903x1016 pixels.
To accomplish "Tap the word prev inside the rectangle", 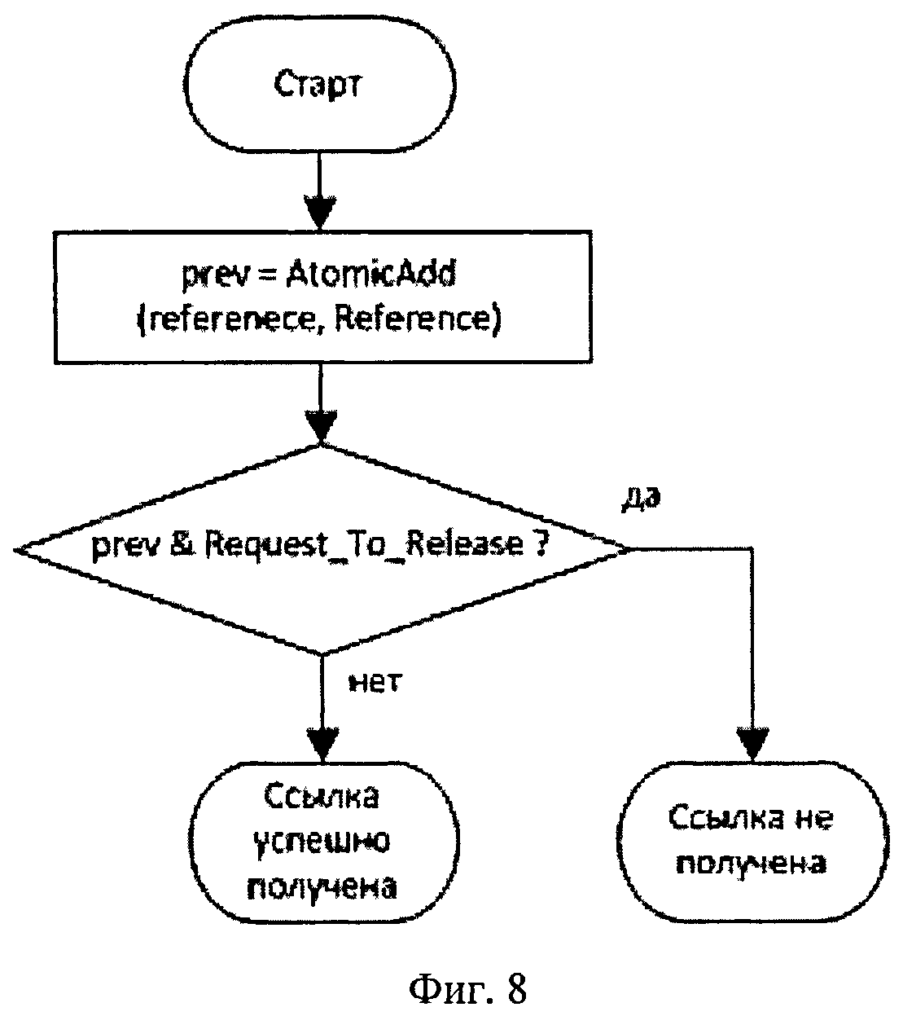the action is point(214,276).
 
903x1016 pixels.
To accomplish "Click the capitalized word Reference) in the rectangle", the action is point(418,319).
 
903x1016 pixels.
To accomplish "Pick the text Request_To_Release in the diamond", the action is point(364,546).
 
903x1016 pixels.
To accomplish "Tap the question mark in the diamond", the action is point(540,544).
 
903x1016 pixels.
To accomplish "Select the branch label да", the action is point(642,497).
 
